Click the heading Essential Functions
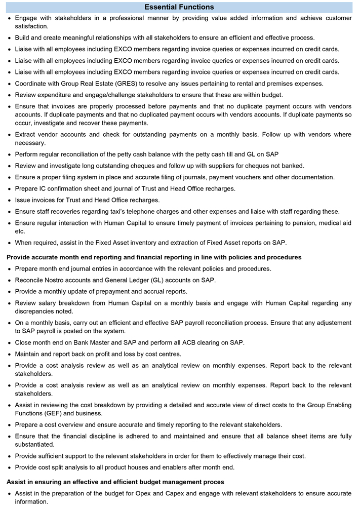pos(179,7)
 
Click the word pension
pos(289,222)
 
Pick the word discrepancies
pos(36,311)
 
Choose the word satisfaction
pos(31,26)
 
